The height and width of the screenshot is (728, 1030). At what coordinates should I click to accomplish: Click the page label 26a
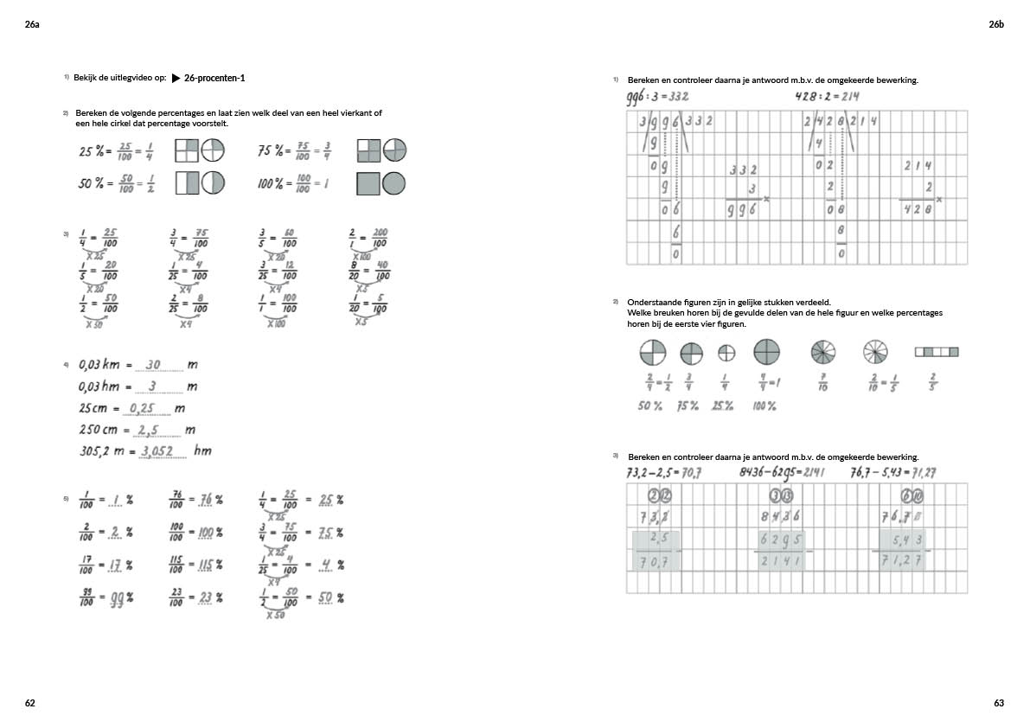tap(32, 25)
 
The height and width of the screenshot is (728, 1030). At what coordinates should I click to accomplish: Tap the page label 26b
tap(996, 25)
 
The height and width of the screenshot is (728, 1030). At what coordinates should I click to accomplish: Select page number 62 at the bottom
tap(30, 703)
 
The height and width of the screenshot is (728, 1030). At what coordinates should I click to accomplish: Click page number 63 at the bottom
tap(999, 703)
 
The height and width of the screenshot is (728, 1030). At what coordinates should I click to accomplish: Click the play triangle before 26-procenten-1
tap(176, 79)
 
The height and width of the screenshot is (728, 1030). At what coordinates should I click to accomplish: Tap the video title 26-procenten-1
tap(214, 79)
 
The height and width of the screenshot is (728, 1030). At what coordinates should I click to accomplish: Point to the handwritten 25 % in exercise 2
tap(91, 151)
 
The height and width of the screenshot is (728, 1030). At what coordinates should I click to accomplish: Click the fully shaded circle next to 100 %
tap(394, 183)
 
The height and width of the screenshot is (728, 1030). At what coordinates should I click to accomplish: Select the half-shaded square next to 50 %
tap(187, 183)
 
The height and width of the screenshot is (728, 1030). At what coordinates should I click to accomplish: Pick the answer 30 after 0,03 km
tap(154, 365)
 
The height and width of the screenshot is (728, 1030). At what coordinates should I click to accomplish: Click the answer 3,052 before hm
tap(157, 450)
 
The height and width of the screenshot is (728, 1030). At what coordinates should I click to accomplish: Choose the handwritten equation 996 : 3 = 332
tap(657, 97)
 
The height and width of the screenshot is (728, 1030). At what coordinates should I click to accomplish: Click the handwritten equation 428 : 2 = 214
tap(828, 96)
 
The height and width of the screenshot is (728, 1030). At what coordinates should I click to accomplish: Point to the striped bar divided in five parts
tap(937, 352)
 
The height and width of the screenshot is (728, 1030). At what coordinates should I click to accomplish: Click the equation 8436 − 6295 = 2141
tap(783, 472)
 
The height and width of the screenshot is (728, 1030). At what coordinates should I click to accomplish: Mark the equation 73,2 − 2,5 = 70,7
tap(663, 472)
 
